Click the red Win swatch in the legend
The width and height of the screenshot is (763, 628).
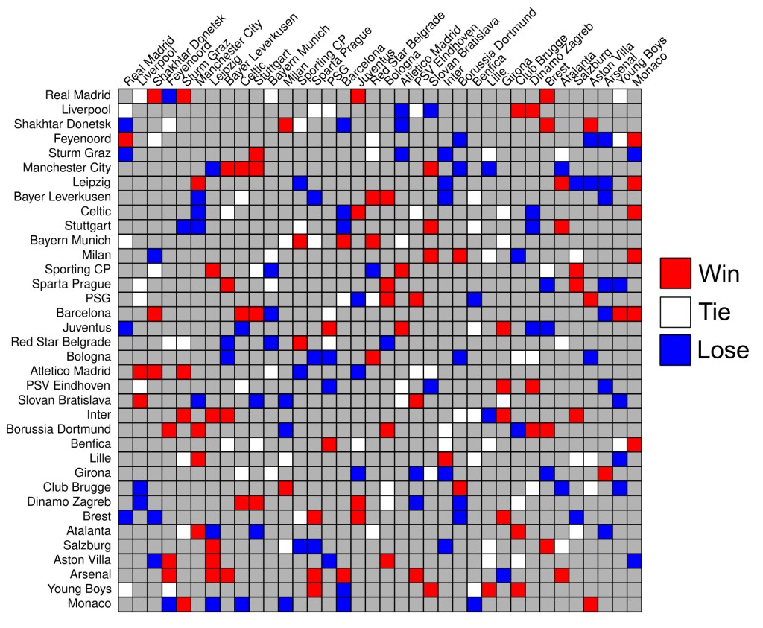point(676,273)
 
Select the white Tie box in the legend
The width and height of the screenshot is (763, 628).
point(676,311)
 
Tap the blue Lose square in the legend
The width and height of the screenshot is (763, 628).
point(676,350)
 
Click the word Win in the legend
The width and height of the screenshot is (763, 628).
point(719,273)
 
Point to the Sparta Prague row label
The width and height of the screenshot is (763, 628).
point(76,284)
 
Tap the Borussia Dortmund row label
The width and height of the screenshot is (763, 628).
point(58,429)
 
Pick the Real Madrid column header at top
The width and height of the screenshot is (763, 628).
point(147,63)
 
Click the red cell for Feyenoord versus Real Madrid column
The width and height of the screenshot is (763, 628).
point(125,139)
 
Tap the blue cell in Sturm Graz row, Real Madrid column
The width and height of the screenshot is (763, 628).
point(125,153)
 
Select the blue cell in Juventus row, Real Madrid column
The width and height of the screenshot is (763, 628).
point(125,328)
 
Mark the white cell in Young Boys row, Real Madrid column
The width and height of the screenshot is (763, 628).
point(125,589)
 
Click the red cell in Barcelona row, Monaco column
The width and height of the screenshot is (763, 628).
point(634,313)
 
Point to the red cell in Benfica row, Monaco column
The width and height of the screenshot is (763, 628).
point(634,444)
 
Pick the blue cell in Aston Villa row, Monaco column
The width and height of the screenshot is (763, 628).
point(634,560)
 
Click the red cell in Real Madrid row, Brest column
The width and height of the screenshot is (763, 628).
point(547,95)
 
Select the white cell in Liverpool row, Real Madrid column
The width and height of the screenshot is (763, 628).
point(125,110)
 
